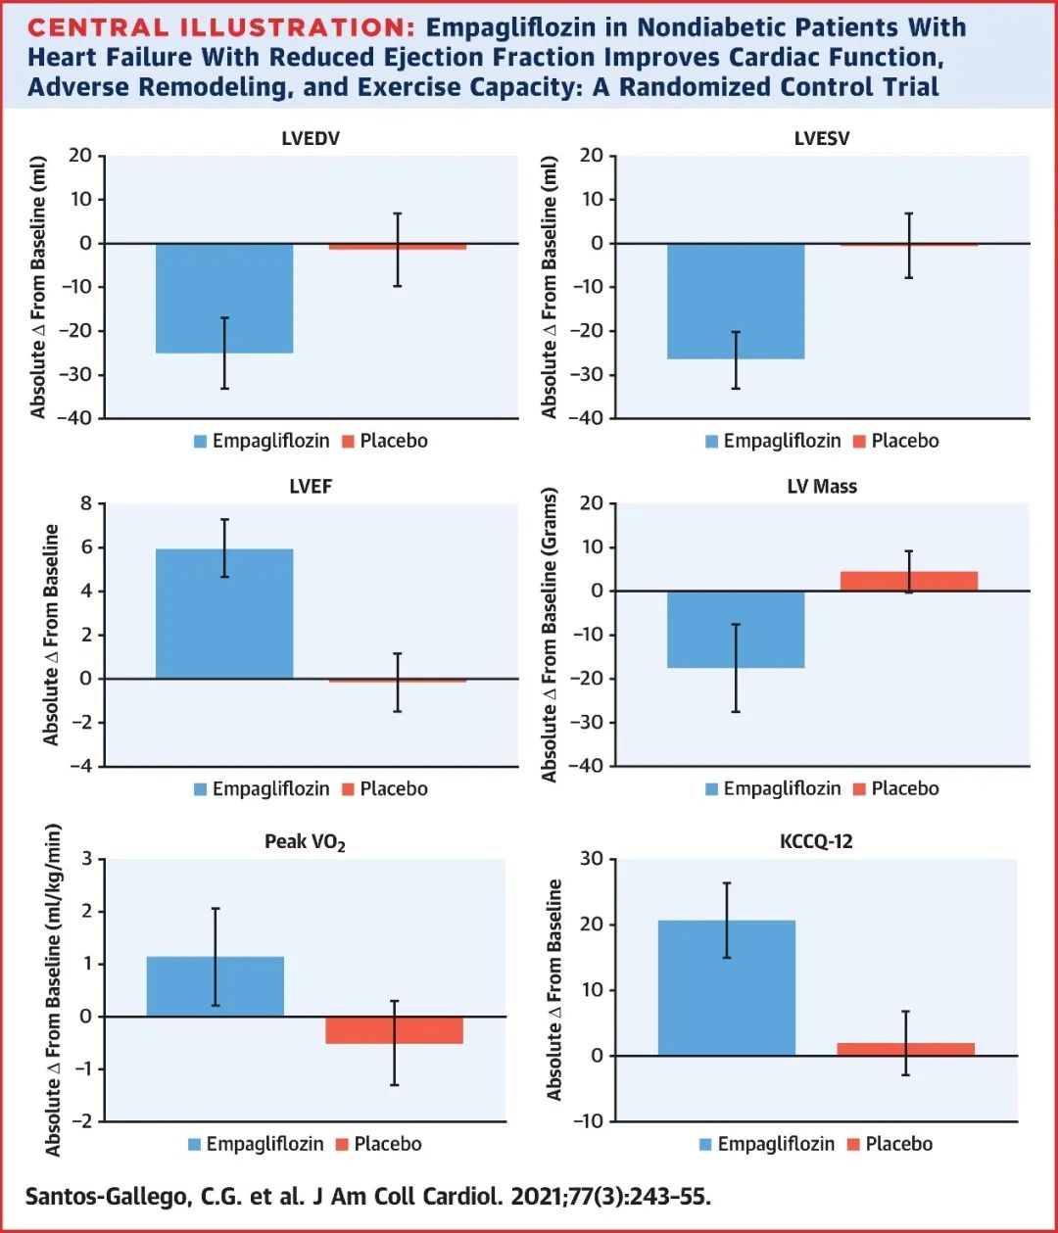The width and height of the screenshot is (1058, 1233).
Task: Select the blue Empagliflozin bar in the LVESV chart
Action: pyautogui.click(x=736, y=300)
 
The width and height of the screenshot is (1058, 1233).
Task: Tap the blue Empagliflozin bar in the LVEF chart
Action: pyautogui.click(x=224, y=613)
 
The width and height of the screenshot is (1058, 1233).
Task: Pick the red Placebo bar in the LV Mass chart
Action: pyautogui.click(x=909, y=581)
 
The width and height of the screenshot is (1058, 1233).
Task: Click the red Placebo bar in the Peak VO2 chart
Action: pyautogui.click(x=394, y=1029)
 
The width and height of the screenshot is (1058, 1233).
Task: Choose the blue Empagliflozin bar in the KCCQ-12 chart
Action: pyautogui.click(x=726, y=987)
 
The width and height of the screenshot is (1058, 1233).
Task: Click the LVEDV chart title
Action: pyautogui.click(x=311, y=138)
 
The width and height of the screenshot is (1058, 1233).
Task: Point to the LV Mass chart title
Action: pyautogui.click(x=822, y=487)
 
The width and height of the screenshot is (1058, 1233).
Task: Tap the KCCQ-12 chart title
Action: pyautogui.click(x=816, y=841)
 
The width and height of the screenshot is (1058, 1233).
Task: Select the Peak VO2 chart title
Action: pyautogui.click(x=305, y=842)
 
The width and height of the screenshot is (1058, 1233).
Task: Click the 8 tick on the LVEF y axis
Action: pyautogui.click(x=86, y=503)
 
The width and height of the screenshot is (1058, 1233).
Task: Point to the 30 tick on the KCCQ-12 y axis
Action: pyautogui.click(x=592, y=859)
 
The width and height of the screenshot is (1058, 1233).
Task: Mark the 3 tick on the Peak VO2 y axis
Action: pyautogui.click(x=87, y=859)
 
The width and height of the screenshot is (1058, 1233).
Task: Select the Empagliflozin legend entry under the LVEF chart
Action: pyautogui.click(x=262, y=788)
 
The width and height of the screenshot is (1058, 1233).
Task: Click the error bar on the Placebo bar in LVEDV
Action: pyautogui.click(x=398, y=250)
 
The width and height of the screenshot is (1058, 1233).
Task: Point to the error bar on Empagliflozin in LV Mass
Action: pyautogui.click(x=736, y=668)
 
